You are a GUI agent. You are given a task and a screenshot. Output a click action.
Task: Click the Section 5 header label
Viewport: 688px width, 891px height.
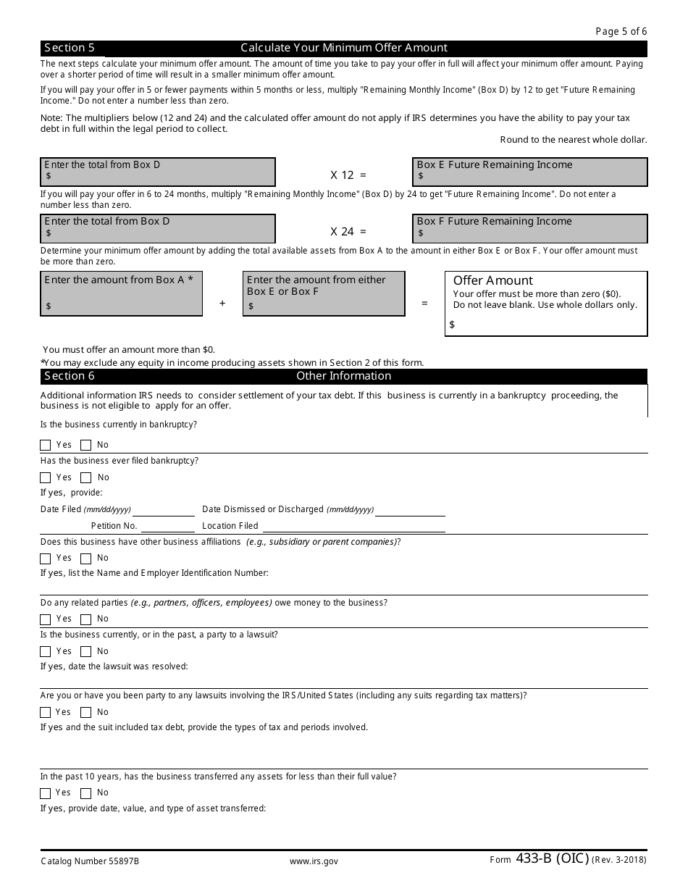[x=70, y=48]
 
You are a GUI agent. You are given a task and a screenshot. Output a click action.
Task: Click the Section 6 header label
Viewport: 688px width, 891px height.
[x=70, y=376]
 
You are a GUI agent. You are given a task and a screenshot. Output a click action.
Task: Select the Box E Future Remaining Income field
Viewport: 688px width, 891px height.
[x=530, y=172]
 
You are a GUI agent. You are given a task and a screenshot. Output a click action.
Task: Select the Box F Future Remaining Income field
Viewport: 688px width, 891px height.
[x=530, y=229]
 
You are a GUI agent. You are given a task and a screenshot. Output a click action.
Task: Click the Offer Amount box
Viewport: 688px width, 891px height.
[x=546, y=304]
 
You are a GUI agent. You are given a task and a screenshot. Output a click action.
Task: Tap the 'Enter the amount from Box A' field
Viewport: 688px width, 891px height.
[x=122, y=294]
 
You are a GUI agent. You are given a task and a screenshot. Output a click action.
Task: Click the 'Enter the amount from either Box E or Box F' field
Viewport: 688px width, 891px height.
[x=324, y=294]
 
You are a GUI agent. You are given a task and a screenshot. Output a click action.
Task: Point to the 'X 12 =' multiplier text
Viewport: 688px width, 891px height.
[x=348, y=175]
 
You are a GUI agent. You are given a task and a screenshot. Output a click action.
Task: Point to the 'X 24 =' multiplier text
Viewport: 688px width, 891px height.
[x=348, y=231]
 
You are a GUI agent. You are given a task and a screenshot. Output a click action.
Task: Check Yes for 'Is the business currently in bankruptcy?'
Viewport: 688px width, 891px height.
[x=46, y=445]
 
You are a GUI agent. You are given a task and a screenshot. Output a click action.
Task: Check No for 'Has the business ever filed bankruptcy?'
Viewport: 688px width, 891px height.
[x=86, y=478]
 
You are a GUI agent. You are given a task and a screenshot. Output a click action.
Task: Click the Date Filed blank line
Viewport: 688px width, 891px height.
[x=164, y=510]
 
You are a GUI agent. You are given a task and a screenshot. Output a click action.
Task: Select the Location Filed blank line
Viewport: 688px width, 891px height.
[x=353, y=527]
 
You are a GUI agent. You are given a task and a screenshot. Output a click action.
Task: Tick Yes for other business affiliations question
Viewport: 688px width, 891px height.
[x=46, y=559]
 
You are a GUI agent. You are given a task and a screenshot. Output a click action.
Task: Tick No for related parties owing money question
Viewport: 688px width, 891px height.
[x=86, y=619]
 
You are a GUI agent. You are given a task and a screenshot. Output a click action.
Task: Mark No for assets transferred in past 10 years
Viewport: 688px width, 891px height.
[x=86, y=793]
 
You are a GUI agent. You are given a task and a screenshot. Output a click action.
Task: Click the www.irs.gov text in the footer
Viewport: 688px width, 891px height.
[x=314, y=861]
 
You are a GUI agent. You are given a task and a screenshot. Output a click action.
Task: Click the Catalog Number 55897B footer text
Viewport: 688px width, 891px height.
[x=90, y=861]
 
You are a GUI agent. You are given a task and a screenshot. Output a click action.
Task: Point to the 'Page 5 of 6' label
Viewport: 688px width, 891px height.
[x=621, y=31]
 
